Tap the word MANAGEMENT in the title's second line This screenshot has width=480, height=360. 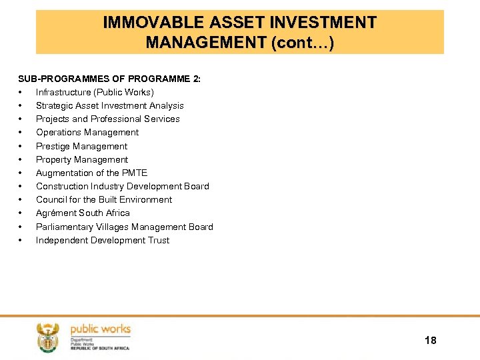point(205,43)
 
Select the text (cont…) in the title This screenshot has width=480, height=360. point(302,43)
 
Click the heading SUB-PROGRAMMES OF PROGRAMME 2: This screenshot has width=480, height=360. point(109,79)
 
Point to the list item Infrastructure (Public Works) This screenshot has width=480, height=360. point(95,92)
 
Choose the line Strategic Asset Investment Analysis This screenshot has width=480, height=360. point(109,105)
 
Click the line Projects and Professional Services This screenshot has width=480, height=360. point(107,119)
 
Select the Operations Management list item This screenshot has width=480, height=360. point(87,132)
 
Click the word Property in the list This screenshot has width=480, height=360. point(53,159)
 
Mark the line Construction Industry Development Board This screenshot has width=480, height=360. point(122,186)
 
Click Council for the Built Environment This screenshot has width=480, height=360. point(104,199)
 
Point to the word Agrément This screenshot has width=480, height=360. point(55,213)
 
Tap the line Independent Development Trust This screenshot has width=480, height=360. point(103,240)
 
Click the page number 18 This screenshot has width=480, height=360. point(430,341)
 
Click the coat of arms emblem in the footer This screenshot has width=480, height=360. point(47,337)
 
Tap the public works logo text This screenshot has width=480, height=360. point(100,329)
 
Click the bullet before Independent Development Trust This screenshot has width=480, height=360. point(22,240)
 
